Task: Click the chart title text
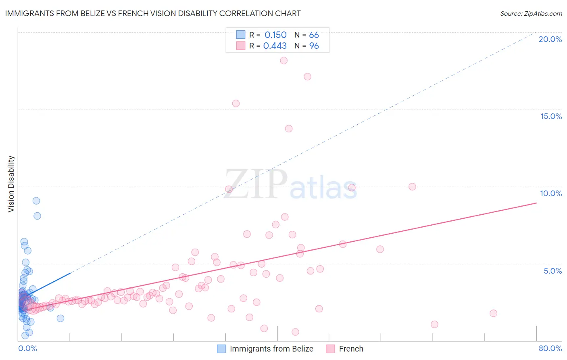(153, 13)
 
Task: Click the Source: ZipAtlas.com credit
(531, 14)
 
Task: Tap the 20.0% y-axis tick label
(550, 39)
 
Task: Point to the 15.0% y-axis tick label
(551, 116)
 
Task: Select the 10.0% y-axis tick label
(551, 193)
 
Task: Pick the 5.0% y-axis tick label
(552, 271)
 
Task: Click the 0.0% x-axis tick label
(27, 348)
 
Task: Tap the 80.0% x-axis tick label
(550, 348)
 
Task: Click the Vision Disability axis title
(11, 184)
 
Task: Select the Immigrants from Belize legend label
(271, 349)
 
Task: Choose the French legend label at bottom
(351, 349)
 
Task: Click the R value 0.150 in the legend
(275, 35)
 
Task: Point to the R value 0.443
(275, 46)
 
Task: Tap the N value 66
(314, 35)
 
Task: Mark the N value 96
(314, 46)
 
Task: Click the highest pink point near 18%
(283, 61)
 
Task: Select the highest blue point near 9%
(36, 201)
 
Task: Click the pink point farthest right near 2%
(493, 313)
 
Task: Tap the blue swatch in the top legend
(241, 35)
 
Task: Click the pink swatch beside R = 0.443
(241, 46)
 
